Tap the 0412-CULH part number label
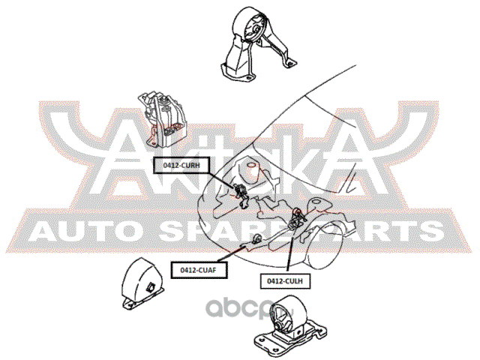[x=285, y=280]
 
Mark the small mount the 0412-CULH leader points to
[x=295, y=218]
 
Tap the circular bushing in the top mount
[x=251, y=28]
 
